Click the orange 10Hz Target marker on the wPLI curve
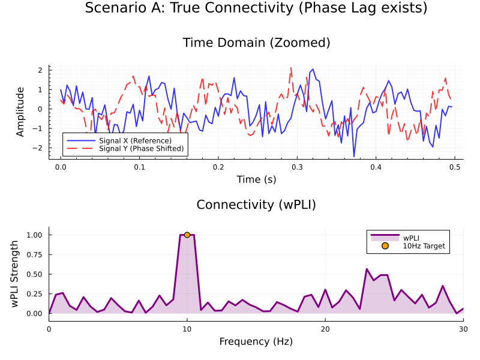187,235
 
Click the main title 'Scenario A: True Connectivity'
256,8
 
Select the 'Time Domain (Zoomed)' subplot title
256,43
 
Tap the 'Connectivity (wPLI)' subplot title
256,205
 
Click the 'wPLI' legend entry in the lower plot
411,238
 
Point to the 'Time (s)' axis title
256,179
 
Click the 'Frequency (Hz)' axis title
256,341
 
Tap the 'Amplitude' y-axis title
20,112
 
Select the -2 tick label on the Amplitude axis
38,148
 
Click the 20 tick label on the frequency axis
325,329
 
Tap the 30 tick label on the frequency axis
463,329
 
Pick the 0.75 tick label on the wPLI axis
34,254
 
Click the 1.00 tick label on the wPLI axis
34,235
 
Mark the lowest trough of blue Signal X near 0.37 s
354,157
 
